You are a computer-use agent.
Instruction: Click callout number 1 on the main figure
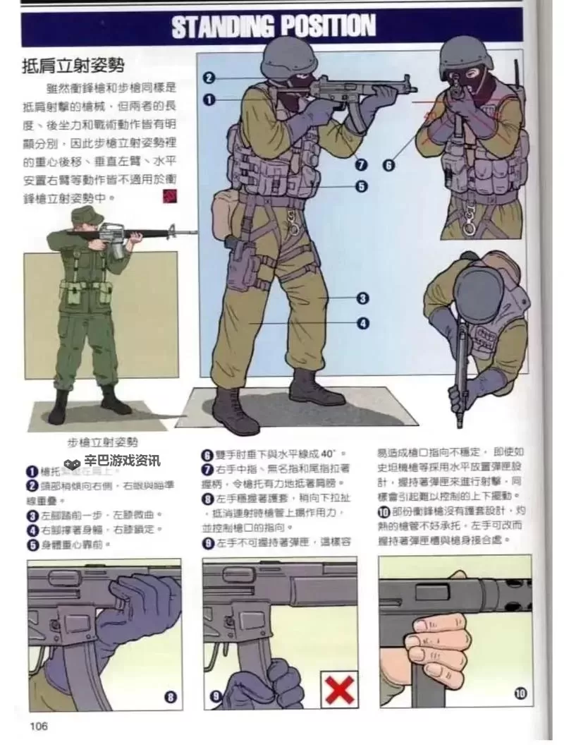209,99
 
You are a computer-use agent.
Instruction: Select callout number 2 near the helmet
209,78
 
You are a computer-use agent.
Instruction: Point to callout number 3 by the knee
362,298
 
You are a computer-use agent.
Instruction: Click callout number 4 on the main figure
362,323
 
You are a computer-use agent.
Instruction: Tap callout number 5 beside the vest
360,187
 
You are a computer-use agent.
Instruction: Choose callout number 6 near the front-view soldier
388,166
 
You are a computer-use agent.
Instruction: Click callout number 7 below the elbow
362,165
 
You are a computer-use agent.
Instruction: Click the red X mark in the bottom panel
339,689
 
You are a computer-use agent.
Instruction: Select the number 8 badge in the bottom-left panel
171,697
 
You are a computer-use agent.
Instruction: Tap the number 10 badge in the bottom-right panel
521,694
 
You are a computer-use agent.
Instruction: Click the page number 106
39,726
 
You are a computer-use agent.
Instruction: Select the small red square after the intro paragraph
169,195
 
